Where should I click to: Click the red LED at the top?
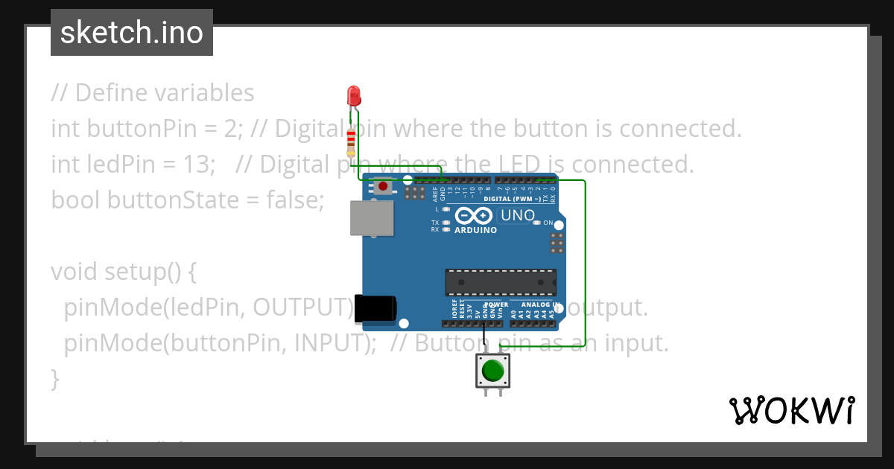point(354,95)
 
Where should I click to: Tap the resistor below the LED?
point(352,142)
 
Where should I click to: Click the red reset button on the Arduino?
point(384,186)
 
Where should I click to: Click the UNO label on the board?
point(516,216)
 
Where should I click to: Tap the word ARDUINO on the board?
point(475,231)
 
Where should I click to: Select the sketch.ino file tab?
point(132,33)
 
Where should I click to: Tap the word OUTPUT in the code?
point(302,307)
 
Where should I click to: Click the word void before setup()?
point(73,271)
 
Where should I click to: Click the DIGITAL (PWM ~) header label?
point(513,200)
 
